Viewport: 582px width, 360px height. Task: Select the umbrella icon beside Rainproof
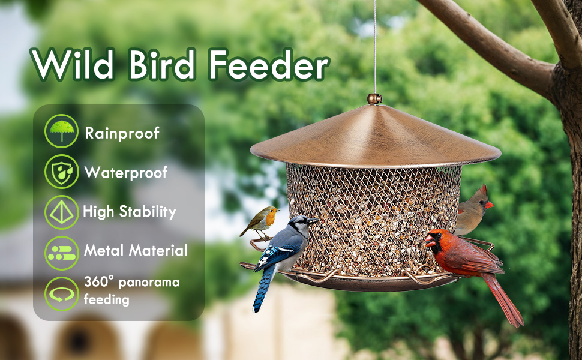pos(61,131)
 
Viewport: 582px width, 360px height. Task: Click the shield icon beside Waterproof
pos(61,172)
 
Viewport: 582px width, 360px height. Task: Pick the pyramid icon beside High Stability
pos(61,212)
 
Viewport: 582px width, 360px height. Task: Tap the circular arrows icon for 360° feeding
pos(61,293)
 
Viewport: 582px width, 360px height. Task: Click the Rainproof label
pos(122,133)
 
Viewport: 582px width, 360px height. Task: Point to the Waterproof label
pos(126,173)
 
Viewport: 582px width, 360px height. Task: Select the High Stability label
pos(130,211)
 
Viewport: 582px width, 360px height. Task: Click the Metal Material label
pos(136,250)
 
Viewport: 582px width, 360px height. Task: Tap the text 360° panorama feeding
pos(131,290)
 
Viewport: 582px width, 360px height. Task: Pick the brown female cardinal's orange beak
pos(489,205)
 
